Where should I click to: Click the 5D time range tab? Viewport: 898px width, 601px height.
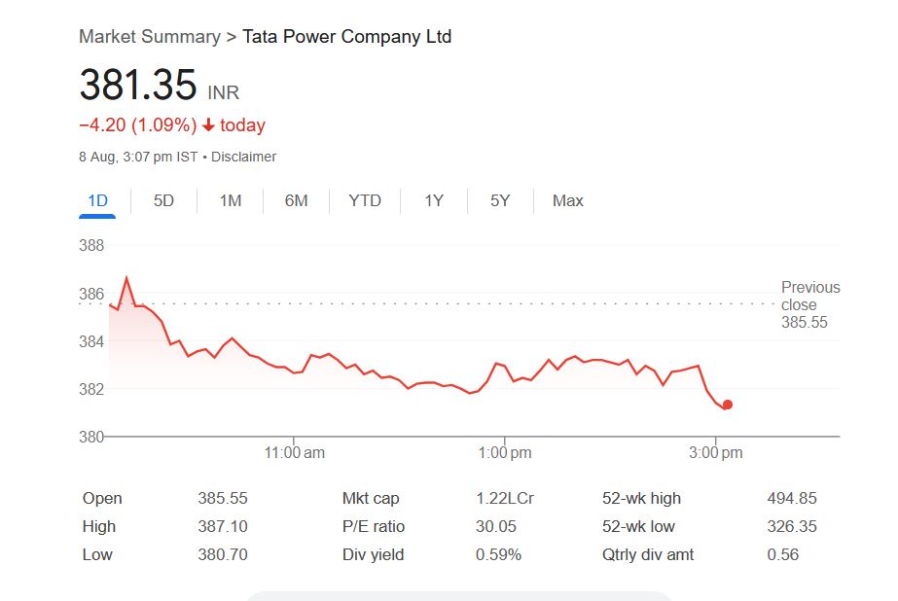(x=163, y=201)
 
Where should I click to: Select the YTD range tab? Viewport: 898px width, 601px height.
(x=365, y=201)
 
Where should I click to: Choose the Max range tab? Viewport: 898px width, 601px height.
(x=567, y=201)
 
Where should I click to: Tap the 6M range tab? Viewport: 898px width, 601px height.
(x=296, y=201)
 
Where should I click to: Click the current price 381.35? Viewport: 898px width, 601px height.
(x=137, y=86)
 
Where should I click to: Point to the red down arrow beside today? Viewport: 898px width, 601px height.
(x=208, y=125)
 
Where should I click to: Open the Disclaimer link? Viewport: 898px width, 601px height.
(x=243, y=157)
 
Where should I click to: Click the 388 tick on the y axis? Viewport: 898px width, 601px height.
(x=91, y=246)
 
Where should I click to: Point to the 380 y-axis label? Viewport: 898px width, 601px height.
(x=91, y=437)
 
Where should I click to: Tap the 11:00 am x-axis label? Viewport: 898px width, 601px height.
(x=295, y=453)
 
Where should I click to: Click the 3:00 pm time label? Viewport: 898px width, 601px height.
(x=716, y=453)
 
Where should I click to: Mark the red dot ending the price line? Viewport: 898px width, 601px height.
(x=727, y=405)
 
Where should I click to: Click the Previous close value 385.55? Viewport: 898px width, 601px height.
(x=804, y=323)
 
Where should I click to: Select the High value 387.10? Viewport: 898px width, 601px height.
(x=223, y=526)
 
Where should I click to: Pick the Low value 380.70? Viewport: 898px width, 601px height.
(x=223, y=554)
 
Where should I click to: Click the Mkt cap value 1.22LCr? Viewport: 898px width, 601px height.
(x=504, y=498)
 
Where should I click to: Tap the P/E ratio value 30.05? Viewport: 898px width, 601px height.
(x=495, y=526)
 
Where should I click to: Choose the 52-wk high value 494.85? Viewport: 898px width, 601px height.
(x=791, y=498)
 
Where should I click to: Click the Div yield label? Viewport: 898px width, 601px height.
(x=373, y=554)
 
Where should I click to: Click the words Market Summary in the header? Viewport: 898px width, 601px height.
(x=149, y=37)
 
